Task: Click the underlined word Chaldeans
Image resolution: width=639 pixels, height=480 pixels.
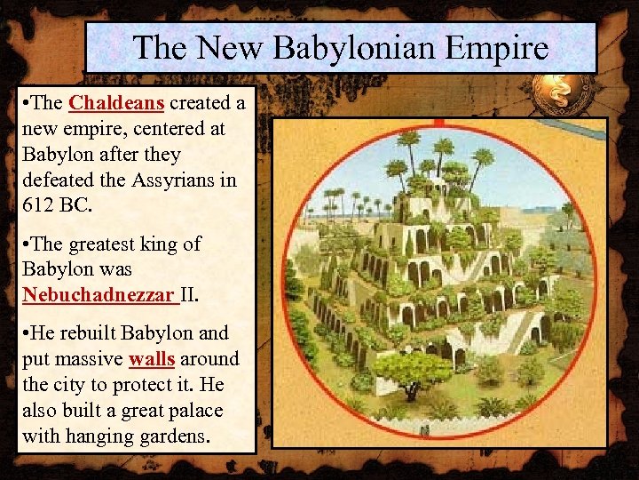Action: tap(116, 102)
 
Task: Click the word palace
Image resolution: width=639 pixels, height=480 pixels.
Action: tap(196, 411)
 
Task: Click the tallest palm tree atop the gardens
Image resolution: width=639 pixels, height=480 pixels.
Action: tap(410, 142)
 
